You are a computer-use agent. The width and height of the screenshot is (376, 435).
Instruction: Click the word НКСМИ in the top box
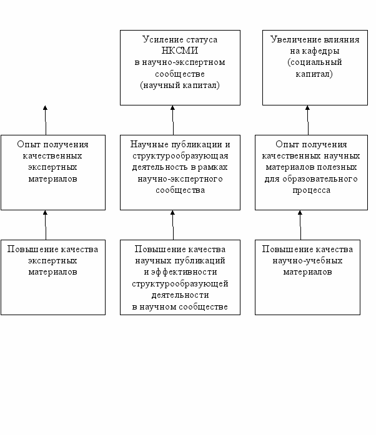[180, 51]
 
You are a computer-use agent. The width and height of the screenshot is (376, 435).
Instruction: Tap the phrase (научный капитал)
[180, 85]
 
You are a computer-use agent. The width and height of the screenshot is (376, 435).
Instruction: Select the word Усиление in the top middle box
[161, 39]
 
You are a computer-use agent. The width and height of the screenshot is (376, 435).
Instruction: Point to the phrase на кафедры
[315, 51]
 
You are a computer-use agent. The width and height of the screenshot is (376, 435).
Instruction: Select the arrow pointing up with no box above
[46, 120]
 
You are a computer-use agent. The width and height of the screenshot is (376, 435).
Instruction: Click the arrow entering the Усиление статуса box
[173, 120]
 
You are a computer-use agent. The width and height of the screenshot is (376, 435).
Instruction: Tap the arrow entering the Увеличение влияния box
[308, 120]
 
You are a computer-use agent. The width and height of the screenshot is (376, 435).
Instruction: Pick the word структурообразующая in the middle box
[181, 156]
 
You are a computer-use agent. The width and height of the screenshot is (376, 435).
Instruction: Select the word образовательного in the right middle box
[320, 179]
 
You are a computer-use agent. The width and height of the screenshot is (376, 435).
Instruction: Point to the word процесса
[311, 190]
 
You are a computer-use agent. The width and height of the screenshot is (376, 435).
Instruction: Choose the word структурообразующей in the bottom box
[181, 284]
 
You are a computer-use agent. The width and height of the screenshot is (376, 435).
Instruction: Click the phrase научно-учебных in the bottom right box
[307, 261]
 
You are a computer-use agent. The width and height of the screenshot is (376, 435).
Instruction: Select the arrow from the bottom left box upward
[46, 225]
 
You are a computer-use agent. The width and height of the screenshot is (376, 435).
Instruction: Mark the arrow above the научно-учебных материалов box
[300, 225]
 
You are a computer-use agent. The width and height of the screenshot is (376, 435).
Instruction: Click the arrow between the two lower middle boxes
[173, 225]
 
